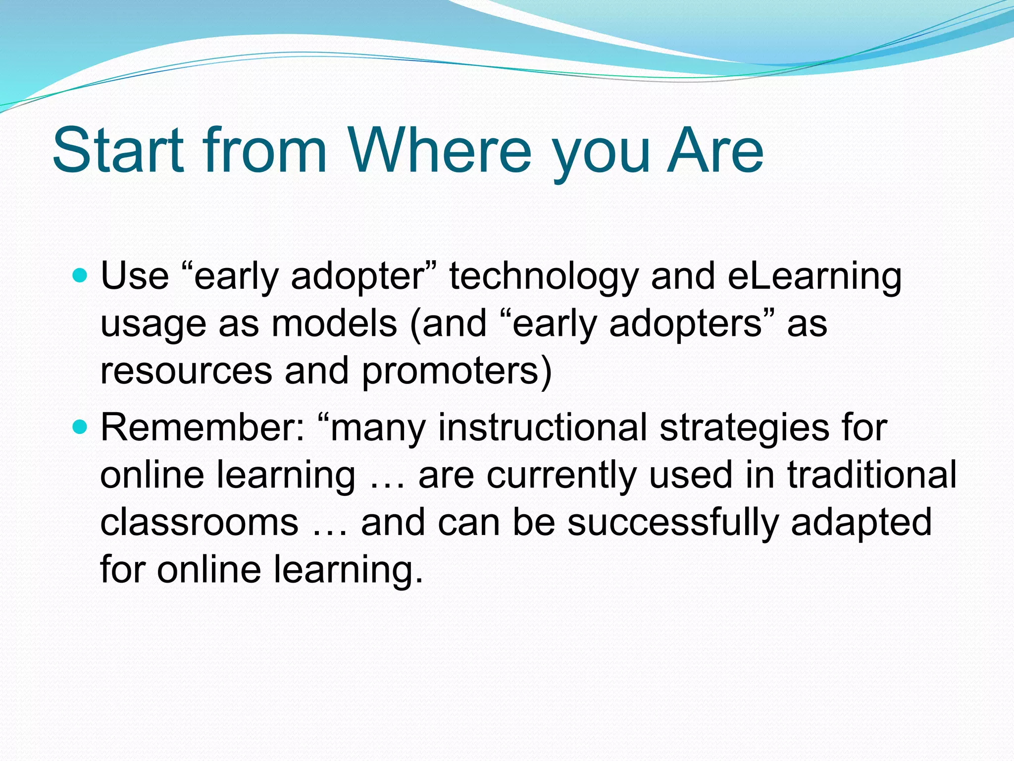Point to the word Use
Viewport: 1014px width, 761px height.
point(135,276)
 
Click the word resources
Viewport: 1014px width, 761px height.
point(186,371)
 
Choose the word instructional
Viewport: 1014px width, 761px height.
point(543,427)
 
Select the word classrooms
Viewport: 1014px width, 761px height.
point(200,522)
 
